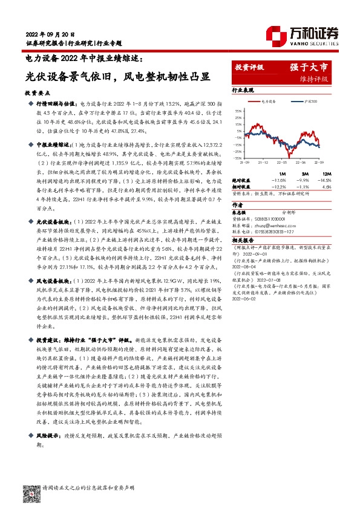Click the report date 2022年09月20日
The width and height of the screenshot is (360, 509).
point(48,33)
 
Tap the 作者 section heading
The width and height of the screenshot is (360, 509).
point(238,205)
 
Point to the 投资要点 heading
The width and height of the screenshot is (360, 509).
point(38,94)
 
